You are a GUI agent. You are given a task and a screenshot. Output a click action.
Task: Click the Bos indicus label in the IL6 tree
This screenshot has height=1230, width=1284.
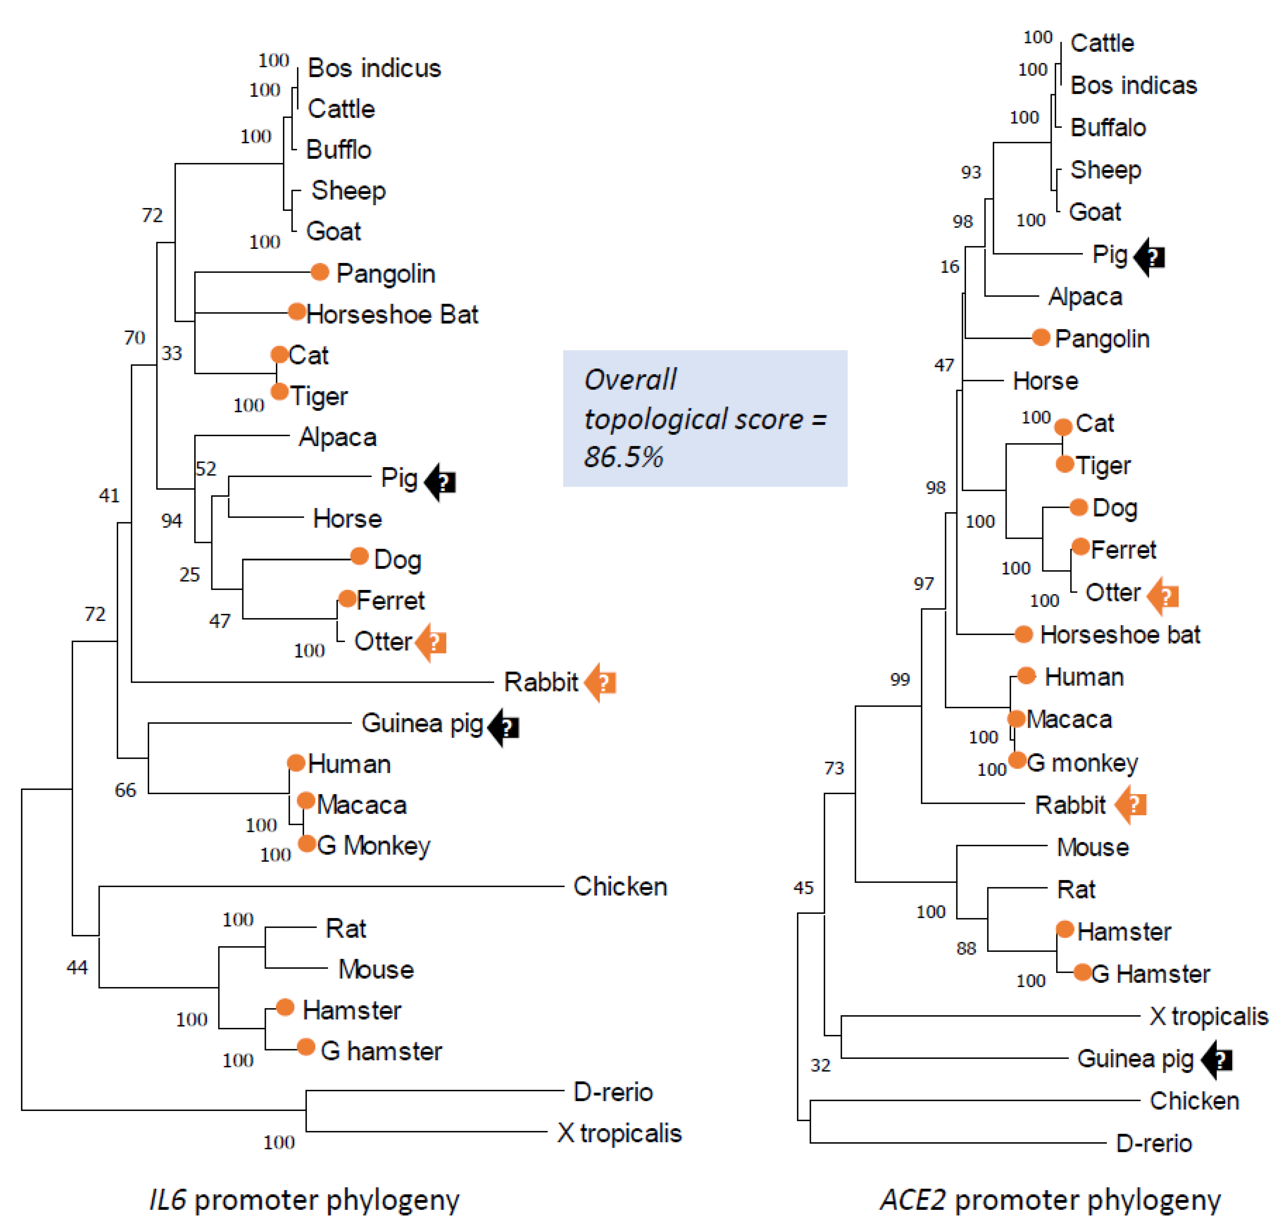point(374,68)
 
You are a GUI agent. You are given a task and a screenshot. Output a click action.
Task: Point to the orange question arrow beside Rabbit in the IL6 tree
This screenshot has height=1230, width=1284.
point(600,682)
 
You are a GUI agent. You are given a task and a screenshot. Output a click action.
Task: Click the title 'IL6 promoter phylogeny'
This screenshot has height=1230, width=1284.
point(305,1200)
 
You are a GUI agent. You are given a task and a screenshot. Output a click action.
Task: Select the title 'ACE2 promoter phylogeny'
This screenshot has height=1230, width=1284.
point(1050,1200)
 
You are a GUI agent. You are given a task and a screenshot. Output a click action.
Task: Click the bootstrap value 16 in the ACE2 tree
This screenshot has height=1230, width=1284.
point(949,266)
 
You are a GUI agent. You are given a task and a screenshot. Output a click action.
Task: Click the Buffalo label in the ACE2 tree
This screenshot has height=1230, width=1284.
point(1108,127)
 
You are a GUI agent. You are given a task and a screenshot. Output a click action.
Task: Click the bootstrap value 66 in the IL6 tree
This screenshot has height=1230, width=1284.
point(125,790)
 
